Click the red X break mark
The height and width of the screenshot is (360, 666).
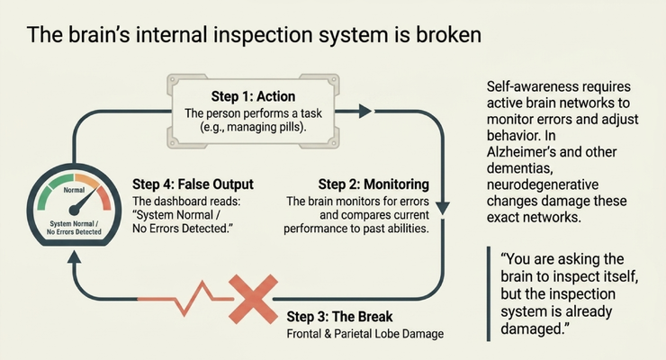(253, 299)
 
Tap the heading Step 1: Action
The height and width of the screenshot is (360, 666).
(253, 96)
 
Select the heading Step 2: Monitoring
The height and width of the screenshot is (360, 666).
(373, 184)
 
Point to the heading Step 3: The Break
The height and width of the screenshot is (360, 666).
(339, 317)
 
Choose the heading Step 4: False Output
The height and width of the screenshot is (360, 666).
(193, 184)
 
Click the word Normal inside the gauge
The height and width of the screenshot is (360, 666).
(74, 190)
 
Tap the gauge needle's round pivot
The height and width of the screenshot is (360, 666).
(74, 210)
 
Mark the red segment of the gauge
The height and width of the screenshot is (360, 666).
(104, 198)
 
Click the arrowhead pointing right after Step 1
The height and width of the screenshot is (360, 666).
(365, 112)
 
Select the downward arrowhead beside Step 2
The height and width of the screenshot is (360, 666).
(443, 209)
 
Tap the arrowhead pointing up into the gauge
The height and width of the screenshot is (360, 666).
(75, 257)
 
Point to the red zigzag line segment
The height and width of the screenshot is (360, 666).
(185, 299)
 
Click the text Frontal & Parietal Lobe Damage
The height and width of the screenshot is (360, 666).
(364, 334)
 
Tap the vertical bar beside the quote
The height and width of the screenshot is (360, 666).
(489, 293)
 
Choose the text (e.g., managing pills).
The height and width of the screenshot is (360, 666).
(253, 127)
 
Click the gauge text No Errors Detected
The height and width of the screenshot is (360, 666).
(74, 232)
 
